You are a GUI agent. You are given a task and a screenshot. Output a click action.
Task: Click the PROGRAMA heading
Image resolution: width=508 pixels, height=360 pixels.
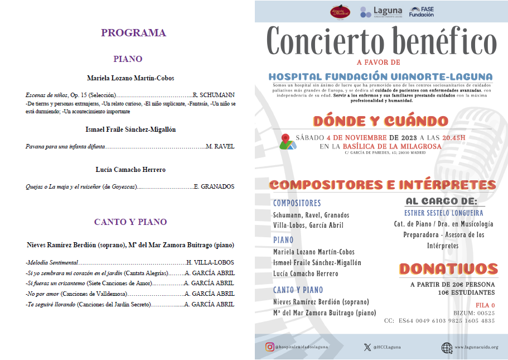click(x=133, y=33)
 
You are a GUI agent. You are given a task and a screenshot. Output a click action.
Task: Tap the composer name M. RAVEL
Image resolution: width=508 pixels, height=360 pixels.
click(x=220, y=146)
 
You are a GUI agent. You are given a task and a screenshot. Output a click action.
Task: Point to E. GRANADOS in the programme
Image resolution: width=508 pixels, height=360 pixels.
click(x=214, y=186)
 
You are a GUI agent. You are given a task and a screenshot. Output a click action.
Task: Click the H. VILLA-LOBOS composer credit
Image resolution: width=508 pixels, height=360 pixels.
click(x=210, y=262)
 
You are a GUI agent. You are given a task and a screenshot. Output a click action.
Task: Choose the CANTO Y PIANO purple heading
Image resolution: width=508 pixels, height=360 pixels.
click(x=130, y=222)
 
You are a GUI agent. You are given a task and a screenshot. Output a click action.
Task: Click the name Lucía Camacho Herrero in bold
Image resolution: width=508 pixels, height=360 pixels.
click(x=130, y=170)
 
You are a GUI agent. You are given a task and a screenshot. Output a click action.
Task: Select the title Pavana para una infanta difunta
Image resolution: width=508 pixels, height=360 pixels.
click(x=65, y=146)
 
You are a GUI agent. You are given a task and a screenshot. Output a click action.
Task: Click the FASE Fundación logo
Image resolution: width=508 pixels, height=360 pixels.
click(x=422, y=12)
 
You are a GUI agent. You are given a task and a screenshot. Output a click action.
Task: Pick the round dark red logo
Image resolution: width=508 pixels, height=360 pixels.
click(x=340, y=12)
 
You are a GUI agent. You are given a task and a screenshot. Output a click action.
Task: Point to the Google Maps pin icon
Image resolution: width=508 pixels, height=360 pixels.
click(x=287, y=142)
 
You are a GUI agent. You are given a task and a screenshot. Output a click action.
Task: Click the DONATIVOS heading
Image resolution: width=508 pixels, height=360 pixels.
click(x=448, y=269)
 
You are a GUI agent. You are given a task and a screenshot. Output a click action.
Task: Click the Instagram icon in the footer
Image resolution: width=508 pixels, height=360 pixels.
click(x=269, y=347)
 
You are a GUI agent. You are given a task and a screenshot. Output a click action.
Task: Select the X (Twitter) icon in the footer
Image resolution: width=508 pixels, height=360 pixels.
click(x=366, y=347)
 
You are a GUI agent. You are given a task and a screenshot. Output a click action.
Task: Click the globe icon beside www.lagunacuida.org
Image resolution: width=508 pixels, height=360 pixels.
click(x=447, y=347)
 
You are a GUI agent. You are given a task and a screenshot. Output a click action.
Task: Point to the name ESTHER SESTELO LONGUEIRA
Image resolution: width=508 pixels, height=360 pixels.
click(x=443, y=213)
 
